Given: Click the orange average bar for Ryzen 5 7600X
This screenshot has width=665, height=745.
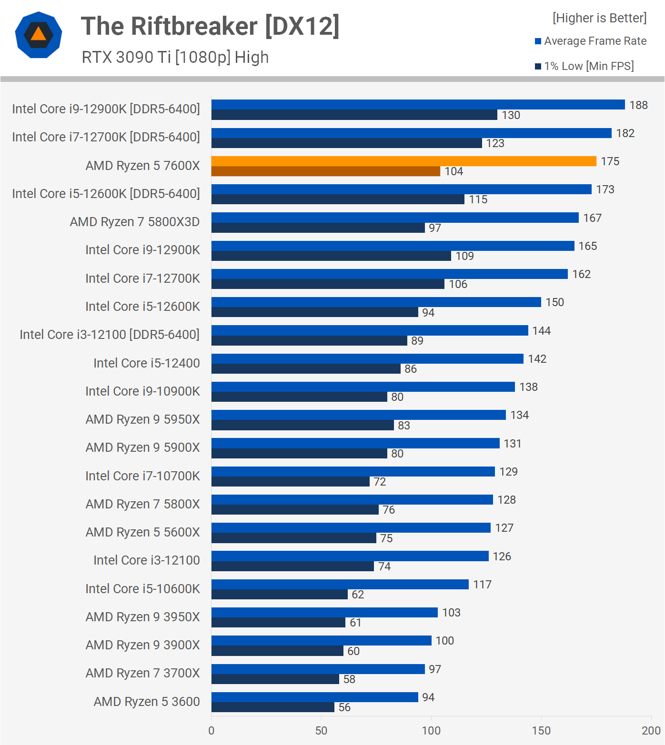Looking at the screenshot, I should [x=403, y=161].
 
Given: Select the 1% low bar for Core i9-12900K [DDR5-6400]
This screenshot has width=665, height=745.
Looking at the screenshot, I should [x=354, y=115].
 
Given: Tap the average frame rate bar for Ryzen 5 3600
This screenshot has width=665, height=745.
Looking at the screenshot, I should [x=314, y=697].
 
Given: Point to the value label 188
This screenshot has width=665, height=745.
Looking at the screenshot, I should [x=638, y=105].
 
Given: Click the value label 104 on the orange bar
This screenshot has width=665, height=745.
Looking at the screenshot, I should [x=453, y=171].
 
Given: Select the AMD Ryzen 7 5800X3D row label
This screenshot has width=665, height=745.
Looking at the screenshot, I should [x=135, y=222].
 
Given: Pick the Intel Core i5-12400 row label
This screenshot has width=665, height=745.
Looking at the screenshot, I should [x=147, y=363].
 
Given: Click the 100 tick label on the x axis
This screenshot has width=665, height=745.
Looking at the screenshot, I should [x=431, y=731].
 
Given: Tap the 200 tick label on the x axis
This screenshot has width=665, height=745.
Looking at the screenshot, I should [x=651, y=731].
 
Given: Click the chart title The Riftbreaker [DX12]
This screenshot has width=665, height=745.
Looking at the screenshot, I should [x=210, y=26].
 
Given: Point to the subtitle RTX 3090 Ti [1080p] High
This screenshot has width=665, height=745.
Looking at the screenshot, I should [x=175, y=57].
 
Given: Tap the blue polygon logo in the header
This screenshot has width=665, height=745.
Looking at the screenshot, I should [x=39, y=35].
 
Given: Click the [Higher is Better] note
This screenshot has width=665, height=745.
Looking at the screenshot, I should [x=599, y=18].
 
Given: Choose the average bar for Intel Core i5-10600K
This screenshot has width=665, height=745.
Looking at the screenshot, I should [x=340, y=585].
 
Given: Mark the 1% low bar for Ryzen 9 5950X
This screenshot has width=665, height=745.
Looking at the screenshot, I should [x=302, y=425].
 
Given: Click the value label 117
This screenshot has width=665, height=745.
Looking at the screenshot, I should [x=482, y=585].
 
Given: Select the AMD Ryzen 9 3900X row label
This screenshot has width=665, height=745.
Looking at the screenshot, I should [x=143, y=645].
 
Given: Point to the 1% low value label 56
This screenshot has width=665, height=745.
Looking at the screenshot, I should [x=344, y=707].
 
